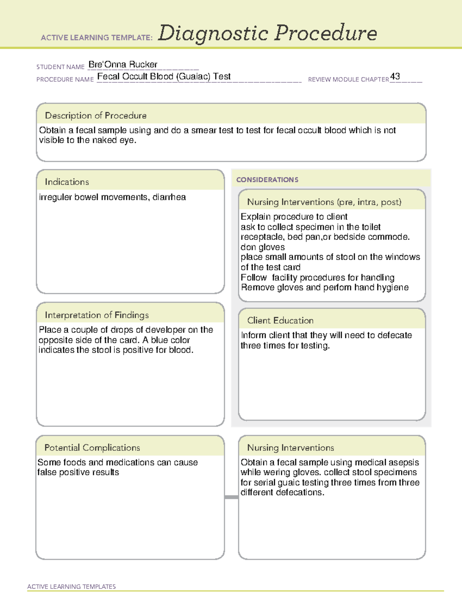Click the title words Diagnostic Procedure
267,33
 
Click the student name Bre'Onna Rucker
123,64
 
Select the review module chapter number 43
395,76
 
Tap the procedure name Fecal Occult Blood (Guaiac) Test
164,76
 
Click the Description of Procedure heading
95,116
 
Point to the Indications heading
67,182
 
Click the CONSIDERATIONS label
267,180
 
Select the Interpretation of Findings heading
97,315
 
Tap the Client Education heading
280,320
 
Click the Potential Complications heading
92,447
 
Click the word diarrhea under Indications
169,197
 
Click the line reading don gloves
263,247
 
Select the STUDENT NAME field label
60,67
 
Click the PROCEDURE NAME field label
65,79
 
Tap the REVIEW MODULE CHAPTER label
348,79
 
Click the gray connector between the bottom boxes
231,497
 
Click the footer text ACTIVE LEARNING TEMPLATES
72,586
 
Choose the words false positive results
78,472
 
